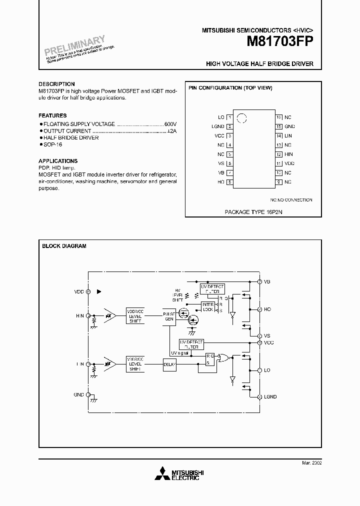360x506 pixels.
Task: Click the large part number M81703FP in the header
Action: coord(279,42)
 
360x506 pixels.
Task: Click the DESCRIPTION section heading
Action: coord(56,84)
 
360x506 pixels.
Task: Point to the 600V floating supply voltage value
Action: coord(170,123)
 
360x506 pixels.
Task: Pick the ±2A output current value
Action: coord(171,130)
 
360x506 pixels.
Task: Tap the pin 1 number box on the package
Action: coord(229,117)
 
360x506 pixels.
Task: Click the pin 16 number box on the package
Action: coord(279,117)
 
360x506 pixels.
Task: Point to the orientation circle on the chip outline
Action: coord(241,118)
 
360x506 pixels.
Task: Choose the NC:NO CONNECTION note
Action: coord(291,200)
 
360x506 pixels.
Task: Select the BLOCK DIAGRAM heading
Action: coord(64,246)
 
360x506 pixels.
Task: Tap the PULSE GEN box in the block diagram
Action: coord(169,316)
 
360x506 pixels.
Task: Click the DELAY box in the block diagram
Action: coord(170,364)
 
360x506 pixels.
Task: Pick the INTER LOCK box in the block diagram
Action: coord(207,306)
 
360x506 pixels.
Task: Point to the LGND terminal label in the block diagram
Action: coord(270,396)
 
